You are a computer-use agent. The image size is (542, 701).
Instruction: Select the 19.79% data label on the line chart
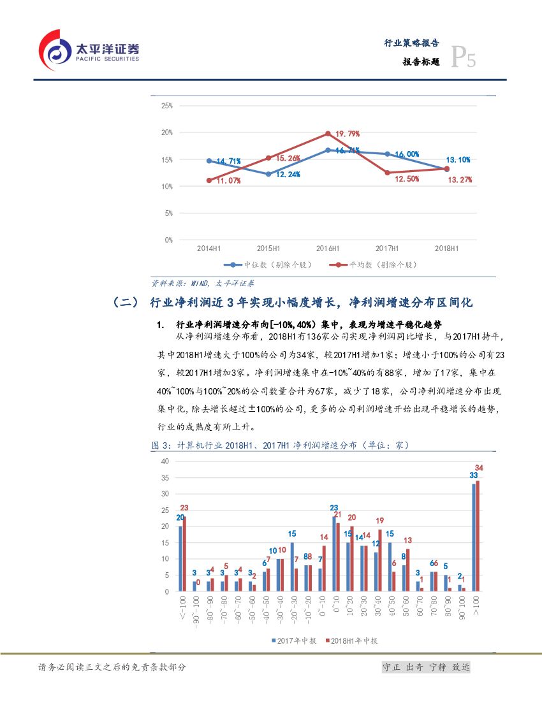coord(348,134)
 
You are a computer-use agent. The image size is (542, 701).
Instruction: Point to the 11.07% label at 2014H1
coord(228,181)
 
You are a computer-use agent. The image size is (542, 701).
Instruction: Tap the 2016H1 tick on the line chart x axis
coord(327,248)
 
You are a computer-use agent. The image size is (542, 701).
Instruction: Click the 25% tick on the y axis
coord(167,106)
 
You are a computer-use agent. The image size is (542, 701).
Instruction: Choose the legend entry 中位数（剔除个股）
coord(267,264)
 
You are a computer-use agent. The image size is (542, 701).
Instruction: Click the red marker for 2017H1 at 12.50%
coord(386,173)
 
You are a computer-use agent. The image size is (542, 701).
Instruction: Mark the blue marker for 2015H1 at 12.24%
coord(268,174)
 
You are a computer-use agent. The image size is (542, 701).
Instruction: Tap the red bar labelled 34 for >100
coord(478,536)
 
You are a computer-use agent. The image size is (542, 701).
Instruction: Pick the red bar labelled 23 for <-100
coord(184,554)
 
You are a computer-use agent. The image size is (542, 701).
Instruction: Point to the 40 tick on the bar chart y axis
coord(165,461)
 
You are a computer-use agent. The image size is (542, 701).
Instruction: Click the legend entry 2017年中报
coord(293,640)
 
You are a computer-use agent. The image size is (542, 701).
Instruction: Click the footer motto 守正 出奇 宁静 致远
coord(425,667)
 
